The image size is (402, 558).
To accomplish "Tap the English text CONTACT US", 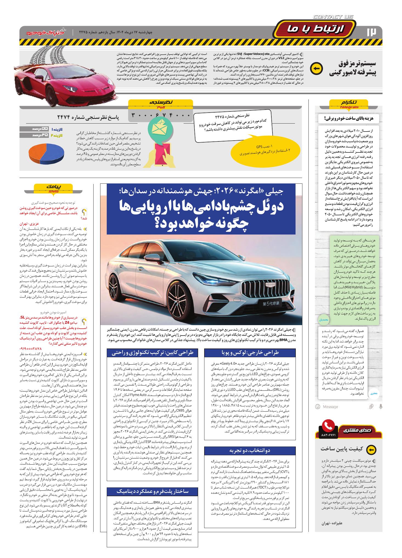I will (x=333, y=17).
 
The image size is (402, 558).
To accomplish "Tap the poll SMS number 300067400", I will (x=161, y=115).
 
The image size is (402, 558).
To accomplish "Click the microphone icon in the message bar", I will (x=381, y=406).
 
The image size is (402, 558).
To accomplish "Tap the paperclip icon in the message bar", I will (x=371, y=406).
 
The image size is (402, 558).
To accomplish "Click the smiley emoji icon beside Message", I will (x=318, y=406).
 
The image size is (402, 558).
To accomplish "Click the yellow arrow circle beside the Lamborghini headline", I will (x=316, y=69).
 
